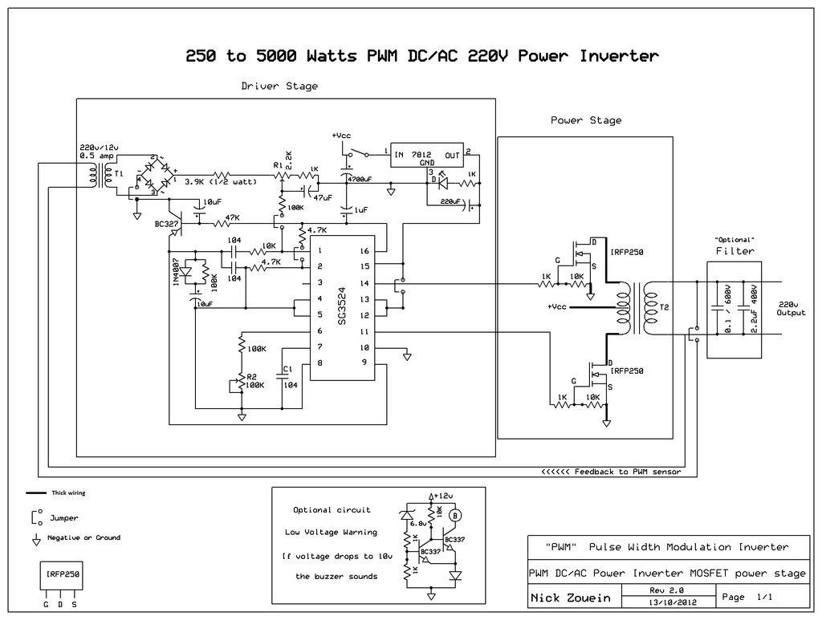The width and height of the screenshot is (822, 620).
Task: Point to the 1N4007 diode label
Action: [x=177, y=272]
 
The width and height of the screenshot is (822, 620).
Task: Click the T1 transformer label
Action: [x=119, y=174]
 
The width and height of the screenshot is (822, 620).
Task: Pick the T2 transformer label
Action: [x=664, y=307]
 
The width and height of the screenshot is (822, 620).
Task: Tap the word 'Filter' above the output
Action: [x=735, y=251]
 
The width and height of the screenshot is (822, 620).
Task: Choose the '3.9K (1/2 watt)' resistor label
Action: [x=220, y=182]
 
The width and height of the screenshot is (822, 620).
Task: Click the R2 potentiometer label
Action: [x=251, y=376]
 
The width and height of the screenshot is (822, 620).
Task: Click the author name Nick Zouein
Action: [x=571, y=598]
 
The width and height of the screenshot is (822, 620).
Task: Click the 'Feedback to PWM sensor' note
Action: [x=612, y=472]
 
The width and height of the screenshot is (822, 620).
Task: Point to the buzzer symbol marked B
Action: [x=454, y=515]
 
